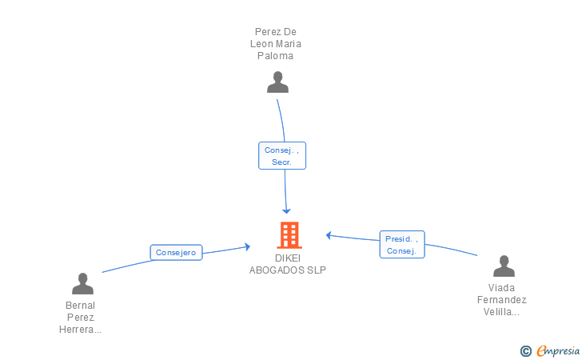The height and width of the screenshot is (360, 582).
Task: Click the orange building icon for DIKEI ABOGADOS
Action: (x=289, y=235)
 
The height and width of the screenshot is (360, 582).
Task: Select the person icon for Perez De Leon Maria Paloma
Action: (x=277, y=82)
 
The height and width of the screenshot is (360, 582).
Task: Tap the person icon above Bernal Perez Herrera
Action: (x=82, y=283)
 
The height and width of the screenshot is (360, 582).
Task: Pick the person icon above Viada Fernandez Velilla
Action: (x=504, y=266)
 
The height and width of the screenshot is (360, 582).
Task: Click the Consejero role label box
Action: (x=176, y=253)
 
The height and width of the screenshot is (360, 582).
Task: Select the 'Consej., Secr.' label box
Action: (x=282, y=155)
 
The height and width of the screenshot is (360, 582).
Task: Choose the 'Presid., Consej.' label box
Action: (x=402, y=244)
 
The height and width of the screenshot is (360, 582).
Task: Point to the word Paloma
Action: (x=276, y=56)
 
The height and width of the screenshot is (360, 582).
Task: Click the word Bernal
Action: (x=80, y=306)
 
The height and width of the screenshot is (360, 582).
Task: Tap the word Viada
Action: (x=502, y=288)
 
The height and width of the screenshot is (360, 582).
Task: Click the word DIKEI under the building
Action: (x=289, y=258)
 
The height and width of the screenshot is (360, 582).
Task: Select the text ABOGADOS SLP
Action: (x=288, y=270)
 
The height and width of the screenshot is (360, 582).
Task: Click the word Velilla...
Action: (x=502, y=312)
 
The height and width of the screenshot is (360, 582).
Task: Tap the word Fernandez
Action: (x=502, y=300)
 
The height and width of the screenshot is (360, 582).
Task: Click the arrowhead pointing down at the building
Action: (x=286, y=210)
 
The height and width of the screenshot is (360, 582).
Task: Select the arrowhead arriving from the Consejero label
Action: (x=248, y=246)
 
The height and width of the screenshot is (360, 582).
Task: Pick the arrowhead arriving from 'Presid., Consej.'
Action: (x=329, y=234)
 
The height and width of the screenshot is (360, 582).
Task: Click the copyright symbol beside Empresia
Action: (x=525, y=350)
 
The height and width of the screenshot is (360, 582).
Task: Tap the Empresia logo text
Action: (x=558, y=350)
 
